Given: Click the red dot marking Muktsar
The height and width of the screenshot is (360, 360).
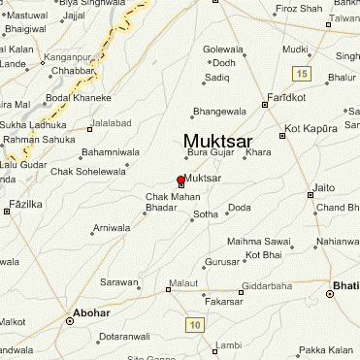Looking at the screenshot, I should pos(180,180).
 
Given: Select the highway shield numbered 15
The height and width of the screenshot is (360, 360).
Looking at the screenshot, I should pos(304,75).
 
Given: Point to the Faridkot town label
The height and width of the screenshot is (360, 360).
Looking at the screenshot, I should pos(287,98).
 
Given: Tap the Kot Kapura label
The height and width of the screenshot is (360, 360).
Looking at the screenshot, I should pos(307,129).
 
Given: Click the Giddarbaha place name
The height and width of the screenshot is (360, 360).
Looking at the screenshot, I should pos(268,285).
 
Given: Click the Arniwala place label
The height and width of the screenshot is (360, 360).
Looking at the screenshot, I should pos(111,228).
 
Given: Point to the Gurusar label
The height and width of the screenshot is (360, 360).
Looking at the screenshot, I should pos(221,262).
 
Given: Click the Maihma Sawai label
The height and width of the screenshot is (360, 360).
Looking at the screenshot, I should pos(259,241).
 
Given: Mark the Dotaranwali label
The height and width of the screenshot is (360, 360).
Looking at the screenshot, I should pos(125,336).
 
